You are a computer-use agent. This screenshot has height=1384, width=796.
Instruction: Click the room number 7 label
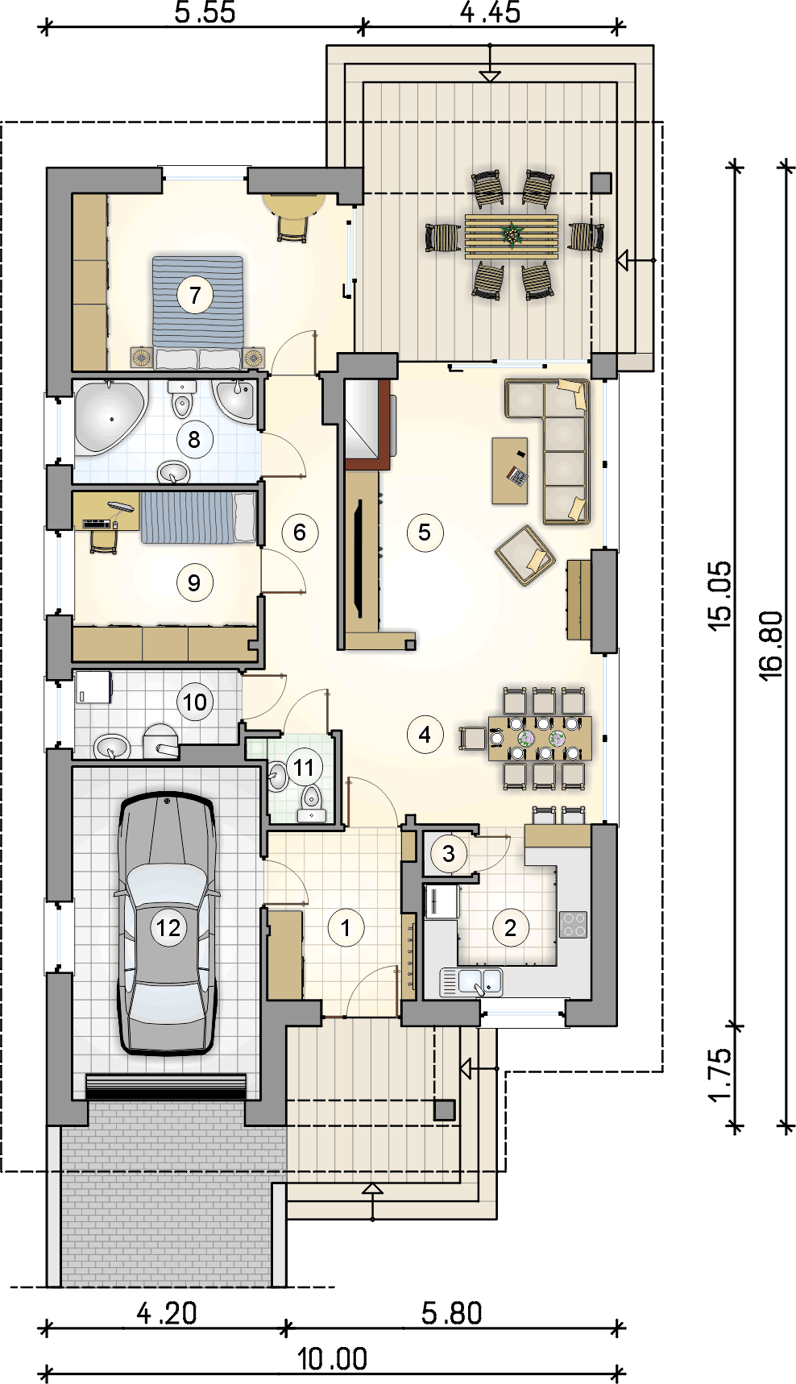(195, 295)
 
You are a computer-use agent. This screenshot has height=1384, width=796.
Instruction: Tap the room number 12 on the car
(168, 928)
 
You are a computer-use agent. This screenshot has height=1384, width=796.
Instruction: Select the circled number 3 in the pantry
(449, 854)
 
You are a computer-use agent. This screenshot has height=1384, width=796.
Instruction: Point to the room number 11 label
(304, 768)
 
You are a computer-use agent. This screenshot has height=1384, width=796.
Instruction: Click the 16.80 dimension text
(770, 645)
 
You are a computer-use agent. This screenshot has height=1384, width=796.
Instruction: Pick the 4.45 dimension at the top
(490, 12)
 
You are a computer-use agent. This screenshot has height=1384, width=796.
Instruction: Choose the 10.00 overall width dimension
(332, 1360)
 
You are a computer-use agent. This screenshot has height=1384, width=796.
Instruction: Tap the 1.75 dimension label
(719, 1075)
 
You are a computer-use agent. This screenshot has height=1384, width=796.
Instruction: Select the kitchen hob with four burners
(574, 925)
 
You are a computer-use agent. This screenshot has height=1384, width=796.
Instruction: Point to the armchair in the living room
(525, 555)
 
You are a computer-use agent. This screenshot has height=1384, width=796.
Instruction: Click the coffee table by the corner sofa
(510, 470)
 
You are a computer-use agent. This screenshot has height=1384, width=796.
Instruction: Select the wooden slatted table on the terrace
(511, 236)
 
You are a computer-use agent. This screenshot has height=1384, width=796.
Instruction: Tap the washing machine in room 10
(93, 687)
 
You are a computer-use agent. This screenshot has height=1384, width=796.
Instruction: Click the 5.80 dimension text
(452, 1314)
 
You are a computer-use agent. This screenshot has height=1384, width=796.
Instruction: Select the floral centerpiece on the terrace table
(511, 234)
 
